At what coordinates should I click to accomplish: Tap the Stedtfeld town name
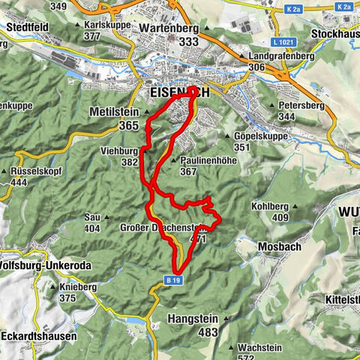(28, 30)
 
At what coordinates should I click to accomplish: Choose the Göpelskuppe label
(264, 137)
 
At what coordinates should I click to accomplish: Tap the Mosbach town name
(279, 245)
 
